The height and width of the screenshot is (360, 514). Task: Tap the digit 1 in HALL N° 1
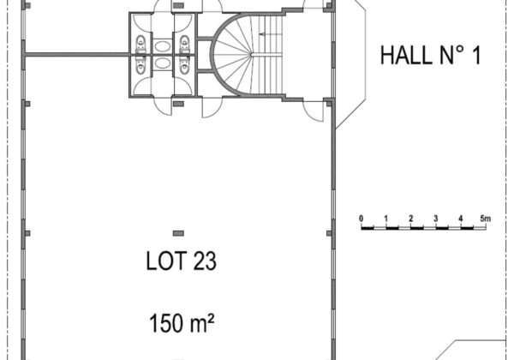[476, 55]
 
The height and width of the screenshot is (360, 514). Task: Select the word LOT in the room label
[166, 261]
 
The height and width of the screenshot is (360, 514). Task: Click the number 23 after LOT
[205, 261]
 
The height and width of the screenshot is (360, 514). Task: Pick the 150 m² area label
[182, 322]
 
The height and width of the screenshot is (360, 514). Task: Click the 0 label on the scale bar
[362, 219]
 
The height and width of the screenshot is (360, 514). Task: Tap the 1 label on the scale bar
[386, 219]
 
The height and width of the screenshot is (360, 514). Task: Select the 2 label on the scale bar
[411, 219]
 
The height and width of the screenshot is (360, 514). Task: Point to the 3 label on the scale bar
[436, 219]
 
